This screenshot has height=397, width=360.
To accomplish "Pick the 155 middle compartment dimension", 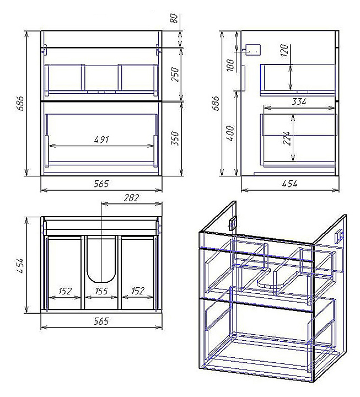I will click(101, 291).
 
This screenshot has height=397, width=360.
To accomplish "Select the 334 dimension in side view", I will click(299, 101).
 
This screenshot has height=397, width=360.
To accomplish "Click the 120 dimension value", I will click(285, 52).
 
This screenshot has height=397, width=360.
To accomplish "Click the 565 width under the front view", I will click(101, 184).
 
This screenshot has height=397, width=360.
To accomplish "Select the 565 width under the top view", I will click(101, 321).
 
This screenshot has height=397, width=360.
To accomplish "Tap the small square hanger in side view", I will click(253, 49).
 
